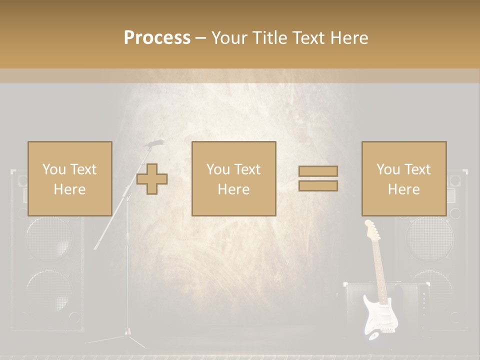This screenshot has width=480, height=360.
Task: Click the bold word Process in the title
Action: [x=157, y=38]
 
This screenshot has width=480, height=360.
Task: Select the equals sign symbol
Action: [x=318, y=178]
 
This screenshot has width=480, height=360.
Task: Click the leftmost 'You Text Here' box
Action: [x=69, y=178]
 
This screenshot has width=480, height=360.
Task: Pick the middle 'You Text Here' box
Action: [x=233, y=178]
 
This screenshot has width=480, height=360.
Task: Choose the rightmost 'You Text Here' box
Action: [x=403, y=178]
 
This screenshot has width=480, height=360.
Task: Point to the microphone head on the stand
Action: [x=155, y=143]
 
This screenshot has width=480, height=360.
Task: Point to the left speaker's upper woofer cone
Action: [x=48, y=240]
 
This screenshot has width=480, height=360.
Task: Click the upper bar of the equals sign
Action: [x=318, y=171]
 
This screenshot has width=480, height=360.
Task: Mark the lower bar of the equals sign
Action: [x=318, y=186]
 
